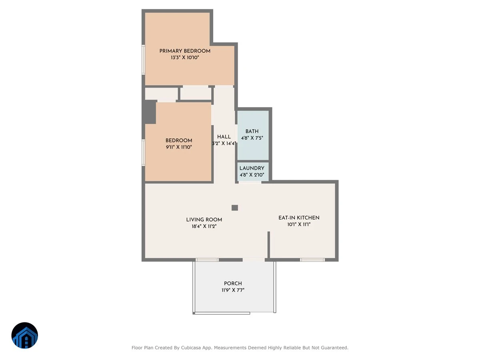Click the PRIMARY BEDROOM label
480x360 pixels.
point(185,51)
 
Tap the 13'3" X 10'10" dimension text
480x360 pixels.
point(185,58)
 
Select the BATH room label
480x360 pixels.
point(252,131)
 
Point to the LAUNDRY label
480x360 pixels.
point(252,168)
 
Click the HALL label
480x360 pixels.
point(224,137)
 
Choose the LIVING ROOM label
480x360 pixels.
point(204,220)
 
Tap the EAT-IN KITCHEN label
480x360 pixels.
point(299,218)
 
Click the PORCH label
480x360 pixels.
point(233,284)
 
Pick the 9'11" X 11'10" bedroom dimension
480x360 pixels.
point(179,147)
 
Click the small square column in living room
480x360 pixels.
point(235,208)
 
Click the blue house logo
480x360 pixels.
point(25,335)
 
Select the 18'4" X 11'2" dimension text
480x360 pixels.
point(204,226)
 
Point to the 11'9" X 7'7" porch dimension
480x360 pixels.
point(233,290)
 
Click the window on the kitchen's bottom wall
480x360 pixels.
point(312,260)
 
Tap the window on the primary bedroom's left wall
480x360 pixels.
point(143,60)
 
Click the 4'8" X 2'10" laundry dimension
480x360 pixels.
point(252,175)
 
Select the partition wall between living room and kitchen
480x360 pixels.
point(269,244)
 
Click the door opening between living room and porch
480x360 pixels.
point(254,260)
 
